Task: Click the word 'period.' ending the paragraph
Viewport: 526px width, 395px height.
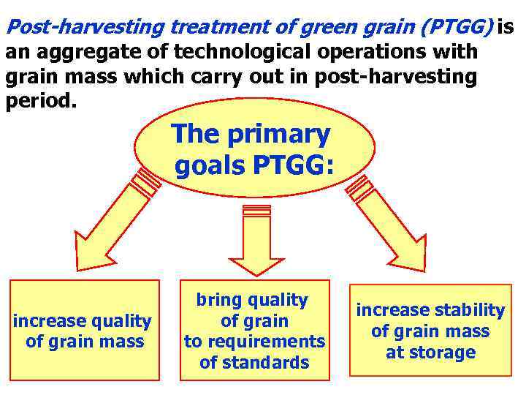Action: click(40, 99)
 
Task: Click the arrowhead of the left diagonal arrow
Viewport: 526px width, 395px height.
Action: click(95, 248)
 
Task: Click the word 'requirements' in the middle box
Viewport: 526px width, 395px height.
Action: click(254, 342)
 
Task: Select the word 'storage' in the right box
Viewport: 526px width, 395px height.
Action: click(445, 353)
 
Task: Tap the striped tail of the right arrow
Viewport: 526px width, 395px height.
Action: click(360, 188)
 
